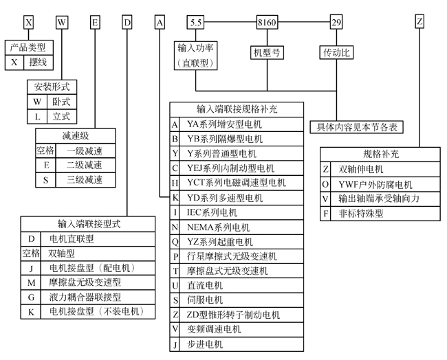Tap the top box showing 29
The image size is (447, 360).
click(x=336, y=23)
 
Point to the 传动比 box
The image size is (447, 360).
click(x=336, y=52)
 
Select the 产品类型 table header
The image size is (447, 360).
click(x=28, y=47)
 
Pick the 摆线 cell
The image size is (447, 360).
click(x=37, y=63)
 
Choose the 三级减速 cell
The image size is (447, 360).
click(x=84, y=180)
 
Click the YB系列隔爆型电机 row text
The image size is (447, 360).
click(x=225, y=139)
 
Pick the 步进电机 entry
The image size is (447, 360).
click(x=205, y=344)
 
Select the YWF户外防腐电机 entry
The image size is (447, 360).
click(x=375, y=184)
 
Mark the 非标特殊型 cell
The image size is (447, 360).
click(x=362, y=214)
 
